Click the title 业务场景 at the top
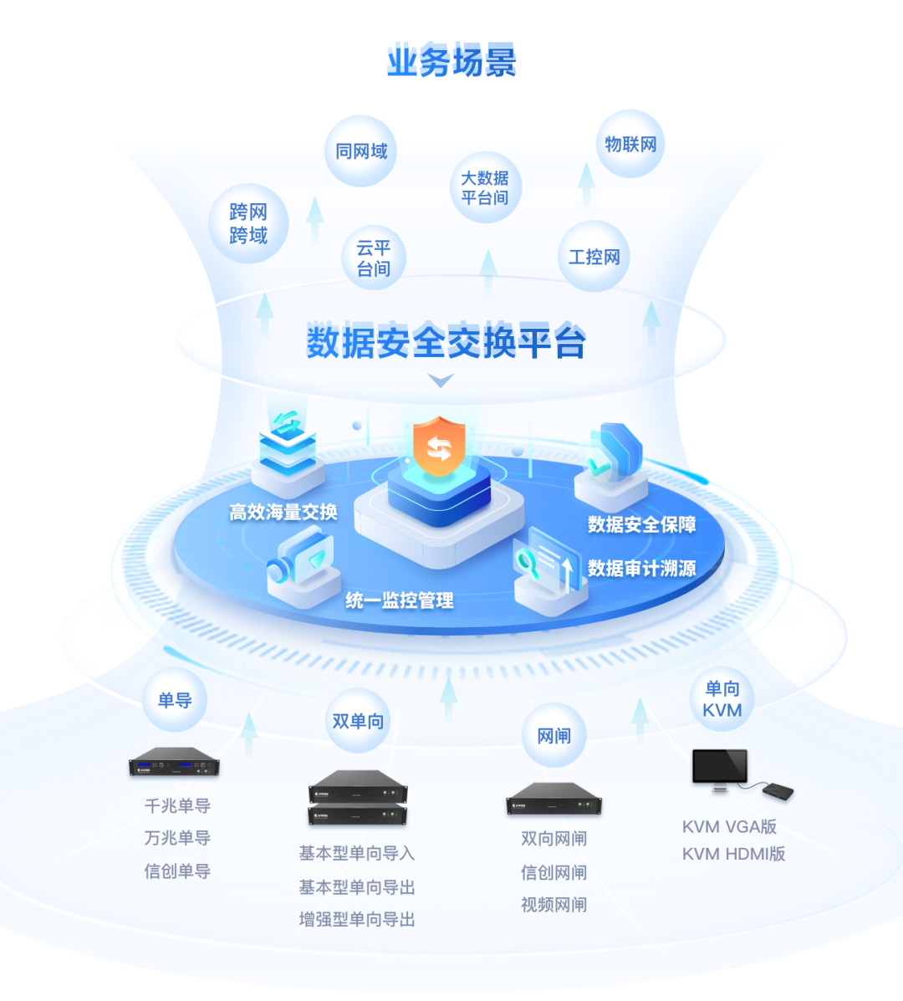pyautogui.click(x=451, y=62)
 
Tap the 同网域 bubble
pyautogui.click(x=361, y=151)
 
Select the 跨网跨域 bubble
pyautogui.click(x=248, y=223)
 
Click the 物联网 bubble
pyautogui.click(x=630, y=144)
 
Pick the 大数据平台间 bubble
pyautogui.click(x=485, y=188)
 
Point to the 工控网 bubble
pyautogui.click(x=594, y=257)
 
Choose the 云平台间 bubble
pyautogui.click(x=373, y=258)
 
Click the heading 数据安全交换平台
pyautogui.click(x=446, y=341)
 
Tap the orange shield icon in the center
pyautogui.click(x=439, y=447)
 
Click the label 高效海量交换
pyautogui.click(x=283, y=512)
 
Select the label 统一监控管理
pyautogui.click(x=400, y=600)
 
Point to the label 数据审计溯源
pyautogui.click(x=641, y=569)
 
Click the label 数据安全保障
pyautogui.click(x=641, y=524)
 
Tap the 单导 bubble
pyautogui.click(x=175, y=700)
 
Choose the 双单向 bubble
pyautogui.click(x=358, y=721)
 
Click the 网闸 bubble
pyautogui.click(x=554, y=736)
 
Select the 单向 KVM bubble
pyautogui.click(x=722, y=699)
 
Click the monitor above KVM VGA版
pyautogui.click(x=719, y=768)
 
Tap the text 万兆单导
pyautogui.click(x=177, y=838)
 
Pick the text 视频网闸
pyautogui.click(x=554, y=905)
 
